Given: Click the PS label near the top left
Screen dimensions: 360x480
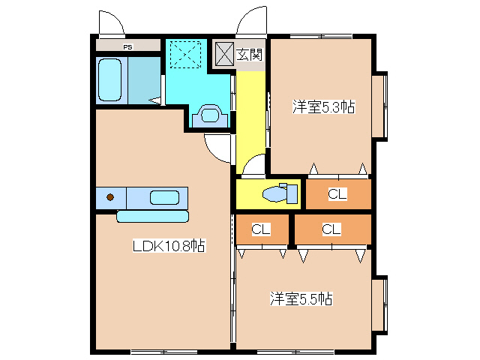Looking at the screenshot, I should (x=128, y=46).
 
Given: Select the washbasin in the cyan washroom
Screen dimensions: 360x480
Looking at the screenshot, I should (x=209, y=116).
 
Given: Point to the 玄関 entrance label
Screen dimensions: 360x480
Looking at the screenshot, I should (x=249, y=54).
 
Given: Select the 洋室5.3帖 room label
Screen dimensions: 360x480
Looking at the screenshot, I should (x=322, y=107).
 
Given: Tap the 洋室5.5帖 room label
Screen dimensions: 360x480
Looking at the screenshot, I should (x=301, y=299).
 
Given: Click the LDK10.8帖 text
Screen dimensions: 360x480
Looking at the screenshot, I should (x=169, y=245).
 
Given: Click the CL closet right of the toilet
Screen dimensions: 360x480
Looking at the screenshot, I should (x=337, y=194).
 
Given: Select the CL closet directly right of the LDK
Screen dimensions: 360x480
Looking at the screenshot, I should (x=261, y=229).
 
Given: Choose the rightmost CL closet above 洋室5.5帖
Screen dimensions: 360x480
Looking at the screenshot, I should (x=331, y=229).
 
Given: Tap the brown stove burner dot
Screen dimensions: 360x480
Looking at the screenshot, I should (x=110, y=198).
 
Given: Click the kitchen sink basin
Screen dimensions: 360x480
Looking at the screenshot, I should (x=165, y=198).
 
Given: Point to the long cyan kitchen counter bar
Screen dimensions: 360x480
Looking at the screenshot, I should (x=152, y=216).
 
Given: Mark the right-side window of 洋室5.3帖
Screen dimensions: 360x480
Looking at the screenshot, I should (x=381, y=105).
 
